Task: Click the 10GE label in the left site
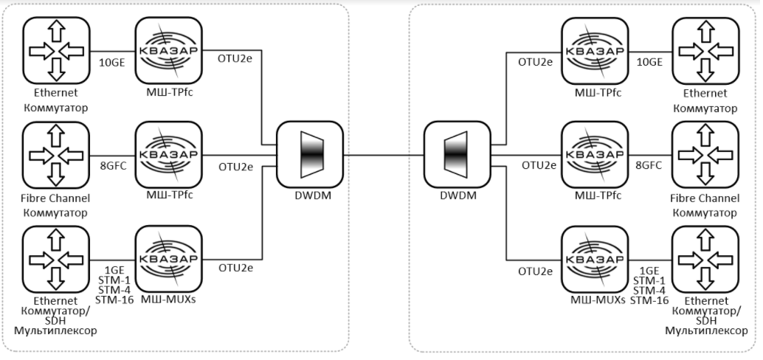[x=113, y=63]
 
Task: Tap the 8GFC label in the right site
[x=648, y=165]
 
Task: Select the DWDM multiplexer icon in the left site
[x=311, y=154]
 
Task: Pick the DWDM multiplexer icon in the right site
[x=456, y=154]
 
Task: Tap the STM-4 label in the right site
[x=650, y=290]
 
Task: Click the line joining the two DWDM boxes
[x=384, y=155]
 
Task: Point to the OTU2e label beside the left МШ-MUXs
[x=235, y=268]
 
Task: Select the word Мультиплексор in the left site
[x=56, y=330]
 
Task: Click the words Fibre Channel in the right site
[x=704, y=198]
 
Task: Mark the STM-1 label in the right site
[x=650, y=280]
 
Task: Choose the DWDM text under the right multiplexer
[x=456, y=196]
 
